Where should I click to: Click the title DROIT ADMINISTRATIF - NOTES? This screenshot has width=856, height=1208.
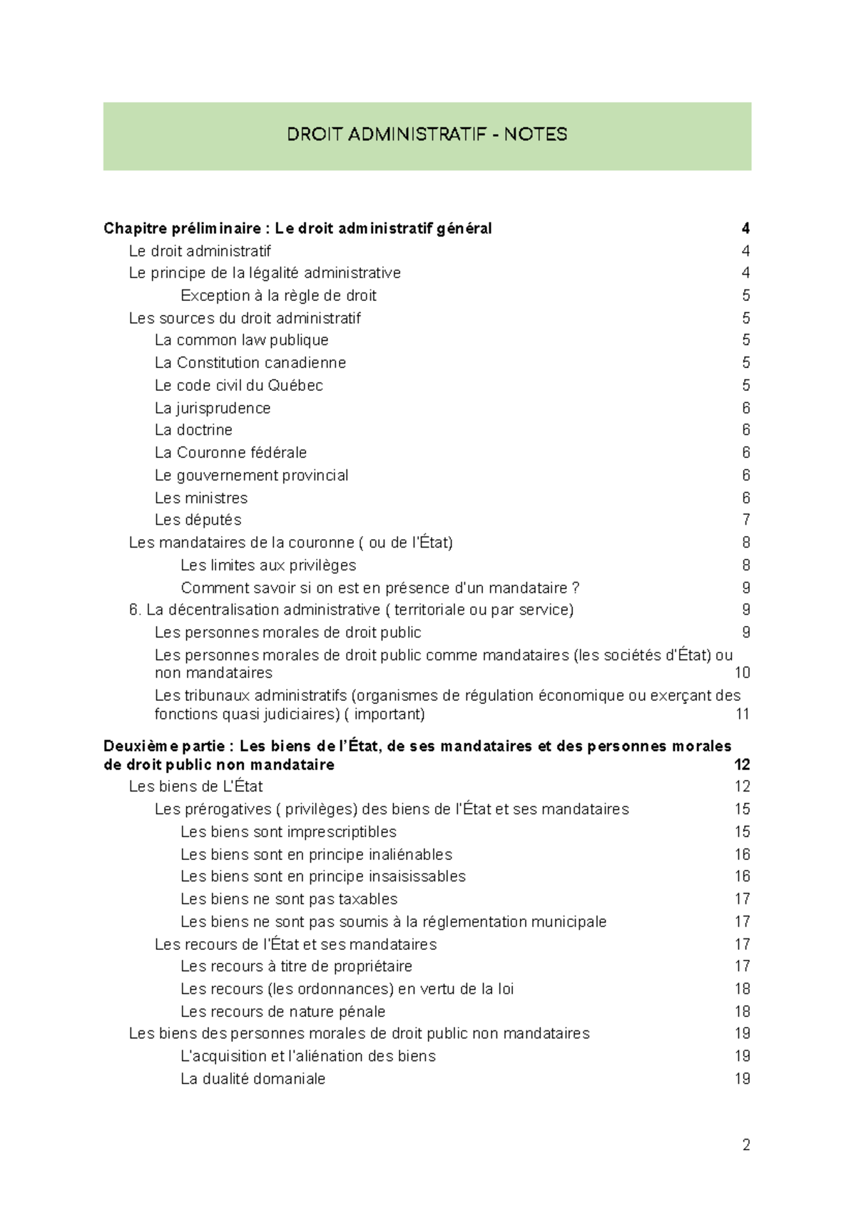point(427,134)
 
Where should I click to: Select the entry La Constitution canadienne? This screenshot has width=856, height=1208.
point(250,362)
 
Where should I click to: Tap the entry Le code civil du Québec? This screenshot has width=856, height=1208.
point(238,385)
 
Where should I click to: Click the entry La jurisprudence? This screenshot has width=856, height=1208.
point(213,408)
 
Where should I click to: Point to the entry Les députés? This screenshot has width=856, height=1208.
point(198,520)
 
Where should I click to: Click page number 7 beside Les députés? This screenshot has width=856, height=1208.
point(745,520)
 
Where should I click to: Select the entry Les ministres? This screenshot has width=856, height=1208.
point(200,498)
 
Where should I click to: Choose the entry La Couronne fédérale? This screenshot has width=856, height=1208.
point(230,453)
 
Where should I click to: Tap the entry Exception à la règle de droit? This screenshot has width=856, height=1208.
point(278,295)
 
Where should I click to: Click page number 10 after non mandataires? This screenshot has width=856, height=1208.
point(742,672)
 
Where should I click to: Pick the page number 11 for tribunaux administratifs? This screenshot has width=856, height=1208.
point(742,714)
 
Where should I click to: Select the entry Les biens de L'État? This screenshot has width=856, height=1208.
point(195,787)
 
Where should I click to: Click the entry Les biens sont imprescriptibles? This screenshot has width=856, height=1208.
point(288,831)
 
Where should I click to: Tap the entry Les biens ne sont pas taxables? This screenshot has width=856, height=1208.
point(288,899)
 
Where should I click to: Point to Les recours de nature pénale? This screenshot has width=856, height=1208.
point(282,1011)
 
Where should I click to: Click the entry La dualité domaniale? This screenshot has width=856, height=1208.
point(253,1079)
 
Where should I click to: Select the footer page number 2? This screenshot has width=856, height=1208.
point(745,1145)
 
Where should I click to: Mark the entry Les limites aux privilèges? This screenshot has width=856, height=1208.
point(268,565)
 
